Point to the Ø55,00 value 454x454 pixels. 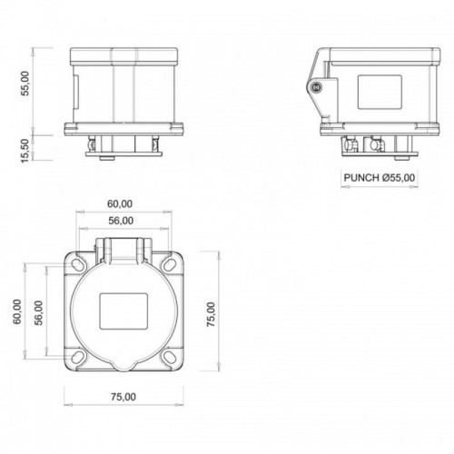click(400, 178)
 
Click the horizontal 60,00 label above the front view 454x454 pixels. click(120, 202)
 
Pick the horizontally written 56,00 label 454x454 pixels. click(120, 220)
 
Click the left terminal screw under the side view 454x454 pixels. click(349, 144)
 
